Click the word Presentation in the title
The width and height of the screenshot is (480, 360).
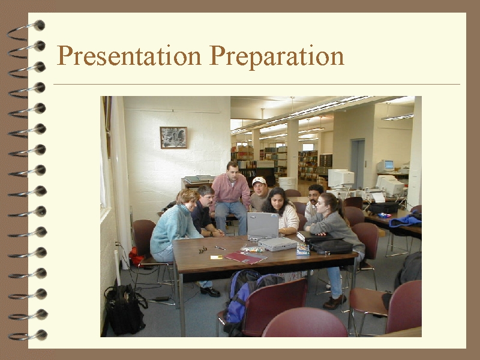(129, 56)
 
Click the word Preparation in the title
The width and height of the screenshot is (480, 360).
(277, 56)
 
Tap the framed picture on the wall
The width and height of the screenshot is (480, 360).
(173, 137)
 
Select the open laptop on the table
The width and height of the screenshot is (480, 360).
(263, 226)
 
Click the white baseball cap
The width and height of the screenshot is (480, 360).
(259, 181)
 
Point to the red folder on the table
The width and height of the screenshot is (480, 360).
(245, 257)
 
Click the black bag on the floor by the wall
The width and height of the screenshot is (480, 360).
(125, 309)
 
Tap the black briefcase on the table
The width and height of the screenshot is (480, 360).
(330, 246)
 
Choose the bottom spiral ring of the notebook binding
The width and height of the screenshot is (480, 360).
(28, 335)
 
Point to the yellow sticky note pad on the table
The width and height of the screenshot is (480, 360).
(217, 257)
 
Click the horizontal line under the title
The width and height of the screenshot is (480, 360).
(257, 84)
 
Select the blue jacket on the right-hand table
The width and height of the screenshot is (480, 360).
(406, 220)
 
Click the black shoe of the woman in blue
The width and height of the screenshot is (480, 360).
(210, 292)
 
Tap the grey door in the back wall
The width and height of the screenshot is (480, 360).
(358, 164)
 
